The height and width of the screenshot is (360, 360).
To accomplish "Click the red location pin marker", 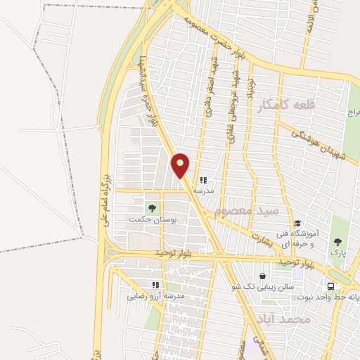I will (x=181, y=165).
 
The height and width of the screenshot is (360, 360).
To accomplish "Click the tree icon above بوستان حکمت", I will (x=152, y=208).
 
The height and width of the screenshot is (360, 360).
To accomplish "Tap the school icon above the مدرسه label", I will (x=204, y=180).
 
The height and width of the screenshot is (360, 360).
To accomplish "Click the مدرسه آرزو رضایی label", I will (x=155, y=297).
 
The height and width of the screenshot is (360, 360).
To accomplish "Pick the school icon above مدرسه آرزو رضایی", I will (x=156, y=285).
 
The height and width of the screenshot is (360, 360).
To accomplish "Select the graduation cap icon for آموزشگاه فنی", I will (x=298, y=223).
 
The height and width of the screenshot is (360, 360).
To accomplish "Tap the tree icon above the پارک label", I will (x=339, y=241).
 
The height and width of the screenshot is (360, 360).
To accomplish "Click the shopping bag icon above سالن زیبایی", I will (x=263, y=276).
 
